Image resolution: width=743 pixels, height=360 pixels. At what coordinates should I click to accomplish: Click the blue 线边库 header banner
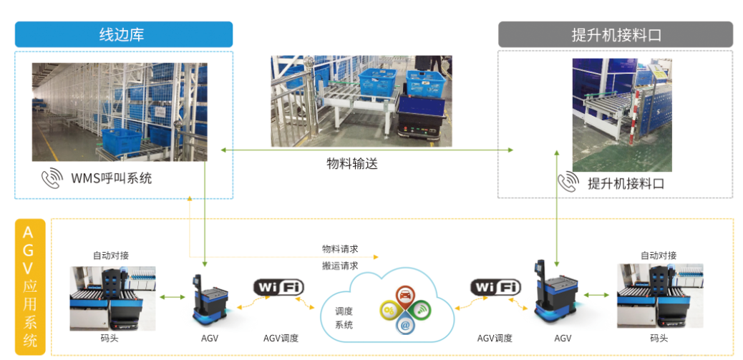123,34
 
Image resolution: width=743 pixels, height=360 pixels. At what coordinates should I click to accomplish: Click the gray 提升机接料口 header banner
615,34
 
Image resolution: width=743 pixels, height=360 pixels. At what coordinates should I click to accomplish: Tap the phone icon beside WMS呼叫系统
52,179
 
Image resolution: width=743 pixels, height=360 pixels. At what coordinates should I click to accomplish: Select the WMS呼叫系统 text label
111,179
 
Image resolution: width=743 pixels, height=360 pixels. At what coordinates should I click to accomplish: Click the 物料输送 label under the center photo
351,164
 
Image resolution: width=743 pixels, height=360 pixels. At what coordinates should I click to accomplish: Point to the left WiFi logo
278,288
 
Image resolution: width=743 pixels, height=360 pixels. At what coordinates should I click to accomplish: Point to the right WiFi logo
495,288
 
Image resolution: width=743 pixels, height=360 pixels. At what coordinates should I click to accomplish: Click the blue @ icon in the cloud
404,325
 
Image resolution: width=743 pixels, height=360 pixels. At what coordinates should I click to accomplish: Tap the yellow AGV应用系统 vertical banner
29,286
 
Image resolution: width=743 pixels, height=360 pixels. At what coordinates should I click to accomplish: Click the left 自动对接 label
111,256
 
